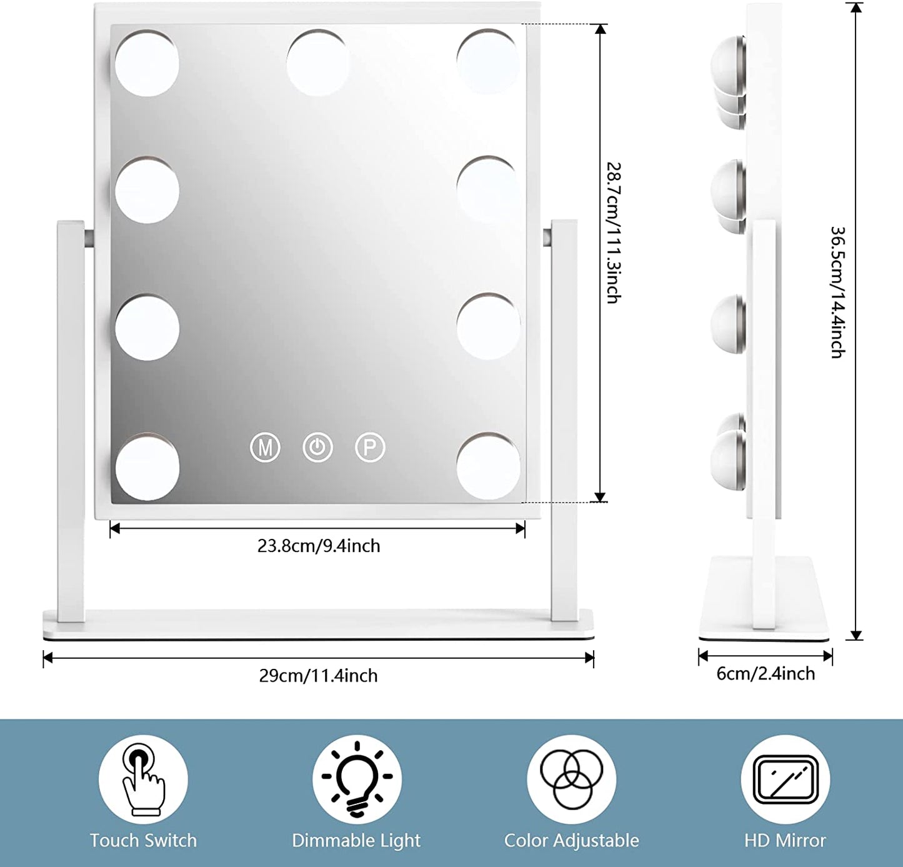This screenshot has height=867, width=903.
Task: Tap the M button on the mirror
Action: pyautogui.click(x=265, y=448)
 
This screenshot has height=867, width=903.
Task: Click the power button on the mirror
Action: pyautogui.click(x=317, y=448)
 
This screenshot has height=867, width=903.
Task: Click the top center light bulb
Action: pyautogui.click(x=317, y=63)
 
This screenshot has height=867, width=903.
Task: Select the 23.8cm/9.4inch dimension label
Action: pyautogui.click(x=319, y=546)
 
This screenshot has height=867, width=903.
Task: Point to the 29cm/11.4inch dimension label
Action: pyautogui.click(x=319, y=676)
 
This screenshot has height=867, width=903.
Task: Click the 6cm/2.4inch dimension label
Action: pyautogui.click(x=766, y=674)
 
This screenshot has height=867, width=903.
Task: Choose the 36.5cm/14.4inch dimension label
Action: pyautogui.click(x=838, y=292)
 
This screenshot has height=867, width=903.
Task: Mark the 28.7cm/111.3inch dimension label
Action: pyautogui.click(x=614, y=233)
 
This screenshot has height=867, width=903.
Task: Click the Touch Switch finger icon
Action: pyautogui.click(x=143, y=779)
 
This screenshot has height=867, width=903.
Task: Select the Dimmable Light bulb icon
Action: pyautogui.click(x=357, y=779)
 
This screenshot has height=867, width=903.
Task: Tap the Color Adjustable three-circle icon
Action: pyautogui.click(x=571, y=779)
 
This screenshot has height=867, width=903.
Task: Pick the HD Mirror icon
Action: pyautogui.click(x=786, y=779)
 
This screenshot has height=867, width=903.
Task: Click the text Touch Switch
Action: pyautogui.click(x=143, y=841)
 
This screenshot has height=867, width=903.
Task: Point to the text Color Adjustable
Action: pyautogui.click(x=571, y=841)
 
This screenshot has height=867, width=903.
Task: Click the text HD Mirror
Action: pyautogui.click(x=786, y=841)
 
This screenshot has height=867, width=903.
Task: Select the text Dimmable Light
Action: pyautogui.click(x=356, y=841)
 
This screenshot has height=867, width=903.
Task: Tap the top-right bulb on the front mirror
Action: pyautogui.click(x=488, y=61)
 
